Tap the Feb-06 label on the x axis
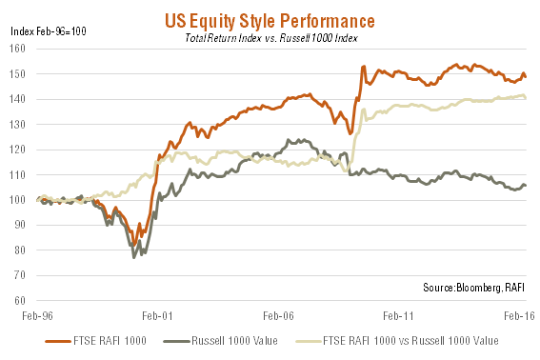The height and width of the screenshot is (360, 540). pyautogui.click(x=277, y=315)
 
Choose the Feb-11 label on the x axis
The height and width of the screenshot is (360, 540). pyautogui.click(x=396, y=315)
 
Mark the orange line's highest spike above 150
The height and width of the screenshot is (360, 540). pyautogui.click(x=363, y=67)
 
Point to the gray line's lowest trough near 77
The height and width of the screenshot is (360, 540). pyautogui.click(x=134, y=257)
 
